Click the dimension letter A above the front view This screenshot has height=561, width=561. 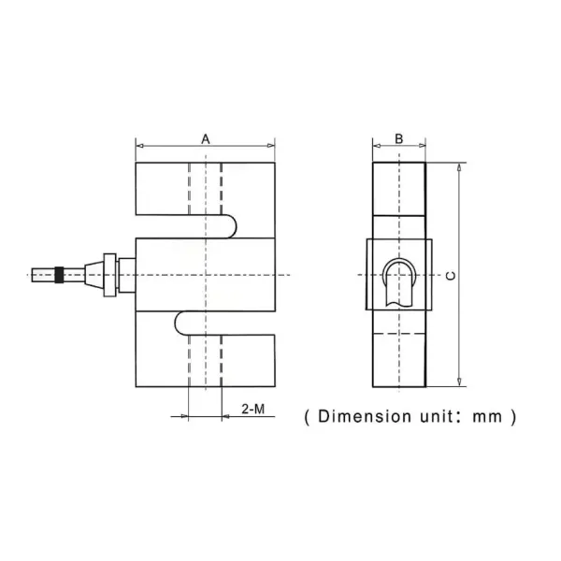[206, 138]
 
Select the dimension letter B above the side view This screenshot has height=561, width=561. [399, 138]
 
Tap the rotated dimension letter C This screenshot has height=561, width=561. [450, 275]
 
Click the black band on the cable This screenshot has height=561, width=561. [60, 275]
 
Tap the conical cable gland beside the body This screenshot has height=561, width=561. [93, 275]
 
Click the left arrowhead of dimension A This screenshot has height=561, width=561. [139, 146]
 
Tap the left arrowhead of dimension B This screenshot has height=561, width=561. [376, 146]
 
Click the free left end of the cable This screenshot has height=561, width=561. [33, 275]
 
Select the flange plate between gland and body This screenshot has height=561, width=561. [109, 275]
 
